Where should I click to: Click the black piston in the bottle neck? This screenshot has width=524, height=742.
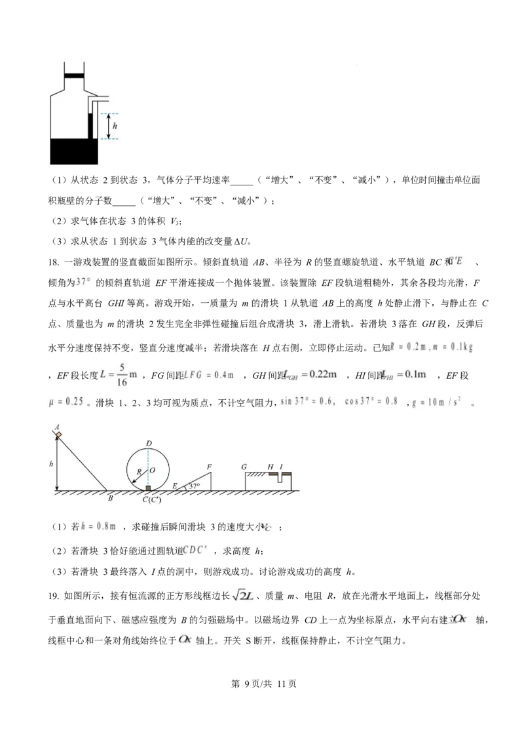pyautogui.click(x=74, y=76)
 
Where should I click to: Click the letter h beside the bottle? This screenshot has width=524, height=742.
pyautogui.click(x=115, y=125)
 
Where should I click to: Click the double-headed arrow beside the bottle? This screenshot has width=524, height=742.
pyautogui.click(x=109, y=126)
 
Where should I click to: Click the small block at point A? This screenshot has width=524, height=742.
pyautogui.click(x=58, y=434)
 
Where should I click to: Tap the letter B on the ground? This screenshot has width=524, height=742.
pyautogui.click(x=110, y=498)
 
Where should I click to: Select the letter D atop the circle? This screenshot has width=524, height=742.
pyautogui.click(x=149, y=444)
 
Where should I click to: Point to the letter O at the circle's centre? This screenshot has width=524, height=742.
pyautogui.click(x=152, y=470)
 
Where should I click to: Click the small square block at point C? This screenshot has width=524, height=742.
pyautogui.click(x=148, y=488)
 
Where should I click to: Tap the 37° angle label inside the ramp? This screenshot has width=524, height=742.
pyautogui.click(x=194, y=486)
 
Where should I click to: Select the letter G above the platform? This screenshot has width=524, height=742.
pyautogui.click(x=244, y=467)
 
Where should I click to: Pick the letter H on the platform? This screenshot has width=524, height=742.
pyautogui.click(x=270, y=467)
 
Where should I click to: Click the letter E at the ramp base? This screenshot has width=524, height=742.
pyautogui.click(x=174, y=486)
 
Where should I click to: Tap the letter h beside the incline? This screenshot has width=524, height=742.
pyautogui.click(x=51, y=463)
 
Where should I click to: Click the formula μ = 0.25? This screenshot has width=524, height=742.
pyautogui.click(x=65, y=402)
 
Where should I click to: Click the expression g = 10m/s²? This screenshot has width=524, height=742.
pyautogui.click(x=437, y=402)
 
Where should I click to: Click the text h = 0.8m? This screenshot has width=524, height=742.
pyautogui.click(x=102, y=526)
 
